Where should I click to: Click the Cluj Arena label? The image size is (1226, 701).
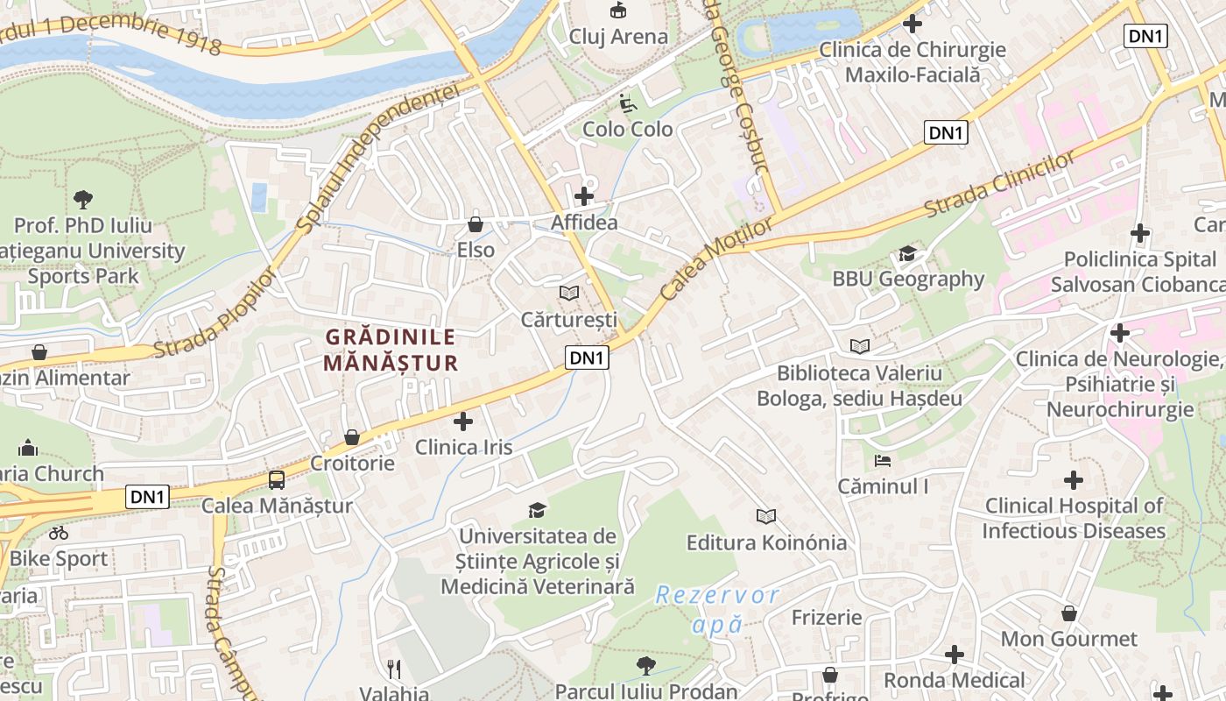(618, 37)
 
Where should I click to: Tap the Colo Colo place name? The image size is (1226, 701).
(628, 130)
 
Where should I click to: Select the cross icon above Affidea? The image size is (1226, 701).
(584, 196)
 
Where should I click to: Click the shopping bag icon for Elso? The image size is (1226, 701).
(476, 224)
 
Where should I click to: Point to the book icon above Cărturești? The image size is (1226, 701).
(569, 293)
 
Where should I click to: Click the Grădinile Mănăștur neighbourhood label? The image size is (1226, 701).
(391, 350)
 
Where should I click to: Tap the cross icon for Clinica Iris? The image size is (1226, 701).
(463, 421)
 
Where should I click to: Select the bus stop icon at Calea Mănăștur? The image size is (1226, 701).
(277, 479)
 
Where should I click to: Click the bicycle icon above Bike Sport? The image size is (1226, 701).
(59, 533)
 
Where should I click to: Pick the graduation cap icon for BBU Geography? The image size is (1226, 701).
(908, 254)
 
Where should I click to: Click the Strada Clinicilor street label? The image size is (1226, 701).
(999, 185)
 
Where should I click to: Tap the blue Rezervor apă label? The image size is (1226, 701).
(717, 610)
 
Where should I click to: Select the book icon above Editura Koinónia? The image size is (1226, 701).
(766, 517)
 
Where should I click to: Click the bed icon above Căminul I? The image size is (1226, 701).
(883, 460)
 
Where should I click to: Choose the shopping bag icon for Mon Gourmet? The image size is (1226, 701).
(1068, 613)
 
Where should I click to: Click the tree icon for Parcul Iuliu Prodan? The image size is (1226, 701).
(646, 666)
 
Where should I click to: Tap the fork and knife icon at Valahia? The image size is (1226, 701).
(394, 669)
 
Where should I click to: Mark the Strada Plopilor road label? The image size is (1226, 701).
(215, 314)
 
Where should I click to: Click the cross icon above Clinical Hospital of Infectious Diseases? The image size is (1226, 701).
(1074, 480)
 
